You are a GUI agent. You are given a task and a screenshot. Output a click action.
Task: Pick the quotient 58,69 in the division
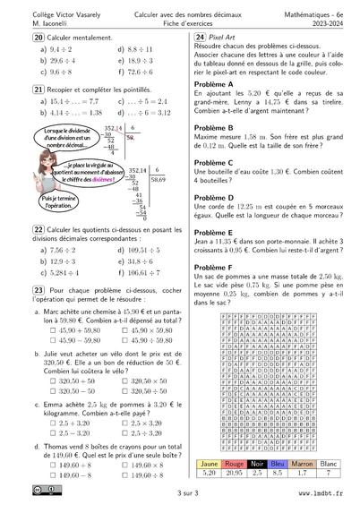click(x=159, y=179)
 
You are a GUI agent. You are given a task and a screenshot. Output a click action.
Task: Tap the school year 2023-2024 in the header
click(x=327, y=23)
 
